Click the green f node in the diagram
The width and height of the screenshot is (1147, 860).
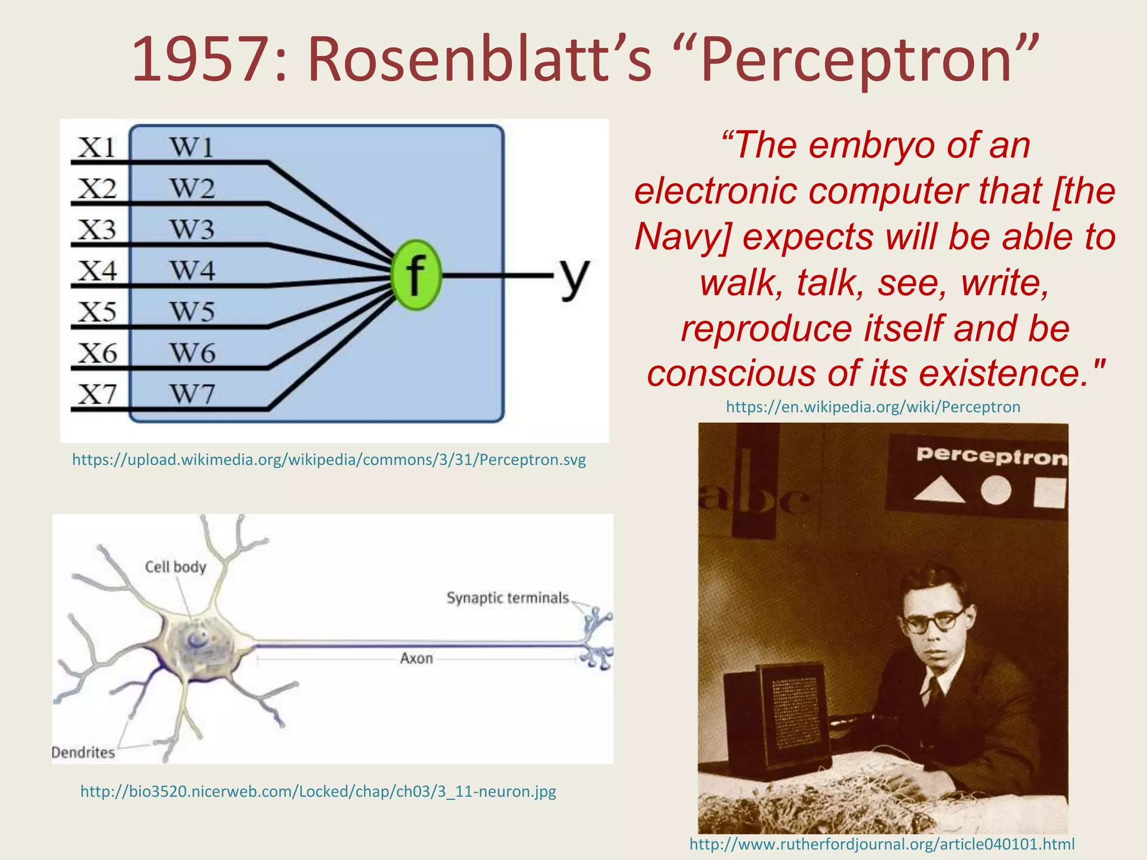pos(416,275)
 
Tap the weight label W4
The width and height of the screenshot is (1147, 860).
pos(192,270)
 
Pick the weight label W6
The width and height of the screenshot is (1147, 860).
pos(192,353)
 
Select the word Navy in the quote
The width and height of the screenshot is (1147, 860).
pos(683,237)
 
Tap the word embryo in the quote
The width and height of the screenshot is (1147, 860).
pos(873,146)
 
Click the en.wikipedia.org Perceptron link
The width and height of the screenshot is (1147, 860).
pos(873,406)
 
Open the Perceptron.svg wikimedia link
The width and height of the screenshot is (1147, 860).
pos(329,460)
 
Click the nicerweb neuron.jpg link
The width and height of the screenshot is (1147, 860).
pos(318,791)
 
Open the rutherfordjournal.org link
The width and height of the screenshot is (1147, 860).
pos(882,844)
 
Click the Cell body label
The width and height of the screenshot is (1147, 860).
pos(175,567)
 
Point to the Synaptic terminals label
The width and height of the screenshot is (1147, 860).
pos(507,598)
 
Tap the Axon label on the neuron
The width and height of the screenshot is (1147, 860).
pos(416,658)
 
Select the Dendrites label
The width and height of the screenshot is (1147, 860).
pos(83,752)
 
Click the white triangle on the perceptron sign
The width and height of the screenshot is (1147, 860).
pos(939,490)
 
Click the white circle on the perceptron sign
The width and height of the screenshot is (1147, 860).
pos(996,490)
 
